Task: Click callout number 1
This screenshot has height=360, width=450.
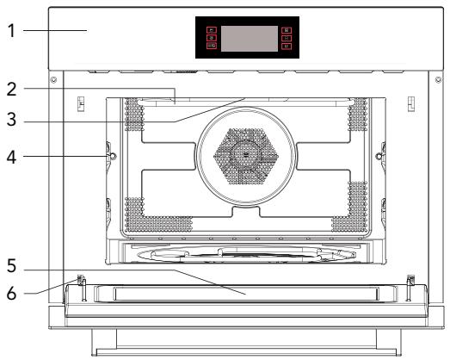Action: (x=11, y=31)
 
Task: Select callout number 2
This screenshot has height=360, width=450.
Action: (x=11, y=89)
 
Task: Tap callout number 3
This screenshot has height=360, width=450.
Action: (x=11, y=120)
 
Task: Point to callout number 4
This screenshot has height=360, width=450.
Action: (x=11, y=157)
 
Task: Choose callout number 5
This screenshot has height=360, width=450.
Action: (x=11, y=266)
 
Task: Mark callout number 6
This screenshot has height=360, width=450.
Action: (x=11, y=294)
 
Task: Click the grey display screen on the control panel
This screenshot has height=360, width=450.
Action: (x=250, y=39)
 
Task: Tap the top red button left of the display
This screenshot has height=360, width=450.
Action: (x=212, y=30)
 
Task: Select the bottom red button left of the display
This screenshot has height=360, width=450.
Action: (x=212, y=46)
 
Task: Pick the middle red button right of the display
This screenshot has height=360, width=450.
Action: (x=287, y=38)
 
